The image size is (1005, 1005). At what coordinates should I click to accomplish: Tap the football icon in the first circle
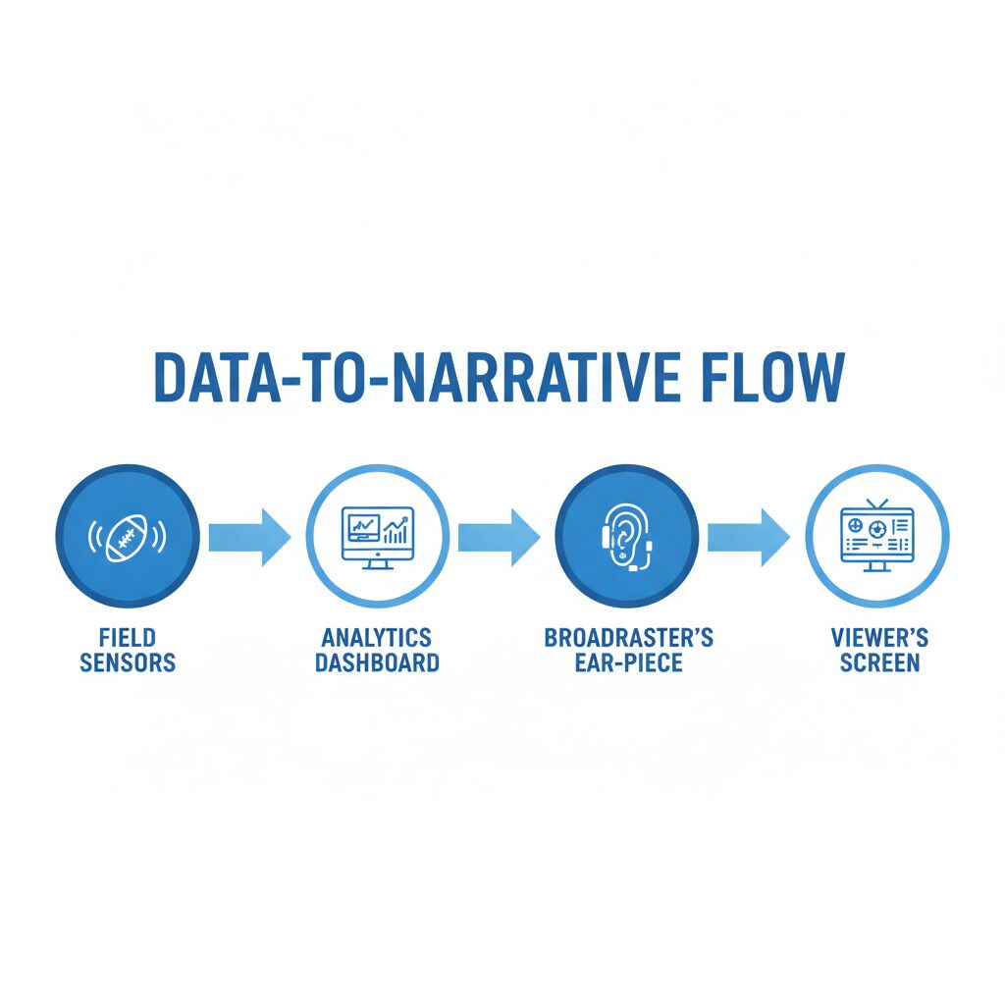(127, 536)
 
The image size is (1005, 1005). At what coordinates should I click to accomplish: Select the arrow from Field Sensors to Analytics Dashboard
(249, 537)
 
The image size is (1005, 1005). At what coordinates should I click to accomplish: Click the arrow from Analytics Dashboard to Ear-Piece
(499, 537)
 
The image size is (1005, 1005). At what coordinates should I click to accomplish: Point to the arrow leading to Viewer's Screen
(748, 537)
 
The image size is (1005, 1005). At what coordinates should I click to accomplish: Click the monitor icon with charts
(378, 538)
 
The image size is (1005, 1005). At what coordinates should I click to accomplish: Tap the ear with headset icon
(627, 537)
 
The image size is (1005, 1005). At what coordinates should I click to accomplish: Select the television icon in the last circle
(876, 536)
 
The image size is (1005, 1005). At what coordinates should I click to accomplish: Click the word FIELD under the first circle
(128, 638)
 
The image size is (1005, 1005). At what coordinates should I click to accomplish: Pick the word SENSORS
(128, 662)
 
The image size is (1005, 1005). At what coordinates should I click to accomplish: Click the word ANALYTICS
(377, 638)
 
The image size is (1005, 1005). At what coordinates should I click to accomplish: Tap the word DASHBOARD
(377, 662)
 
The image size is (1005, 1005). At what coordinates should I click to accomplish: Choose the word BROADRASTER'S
(629, 638)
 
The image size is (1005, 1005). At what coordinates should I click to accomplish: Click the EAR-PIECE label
(629, 662)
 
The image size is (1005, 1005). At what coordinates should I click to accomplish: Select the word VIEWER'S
(879, 638)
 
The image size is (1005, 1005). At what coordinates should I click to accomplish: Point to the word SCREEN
(879, 662)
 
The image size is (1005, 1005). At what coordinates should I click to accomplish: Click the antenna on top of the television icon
(876, 503)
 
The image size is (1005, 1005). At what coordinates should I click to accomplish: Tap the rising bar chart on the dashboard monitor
(396, 530)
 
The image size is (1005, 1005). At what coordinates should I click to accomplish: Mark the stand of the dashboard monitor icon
(377, 564)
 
